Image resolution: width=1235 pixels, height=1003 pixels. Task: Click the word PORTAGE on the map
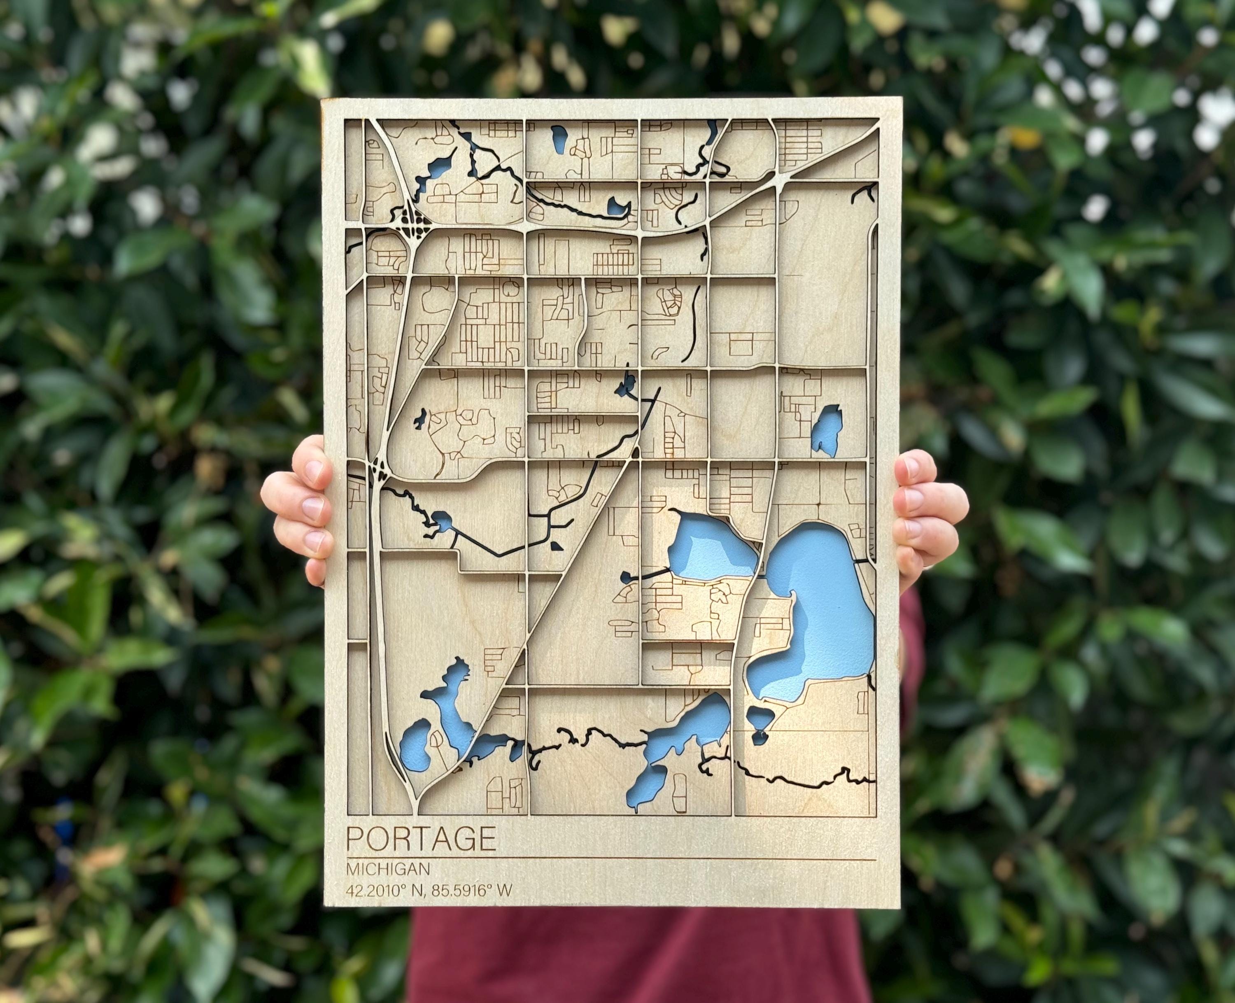[x=421, y=840]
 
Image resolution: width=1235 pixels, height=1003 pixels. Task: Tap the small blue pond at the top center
[x=559, y=139]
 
